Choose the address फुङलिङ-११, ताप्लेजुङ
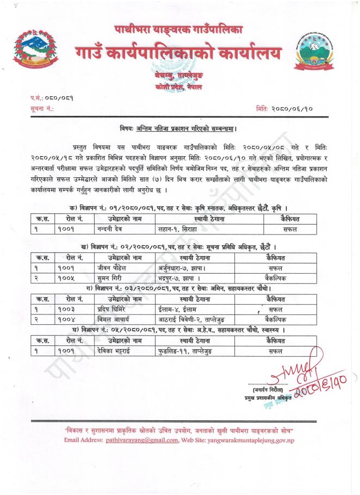coord(185,351)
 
